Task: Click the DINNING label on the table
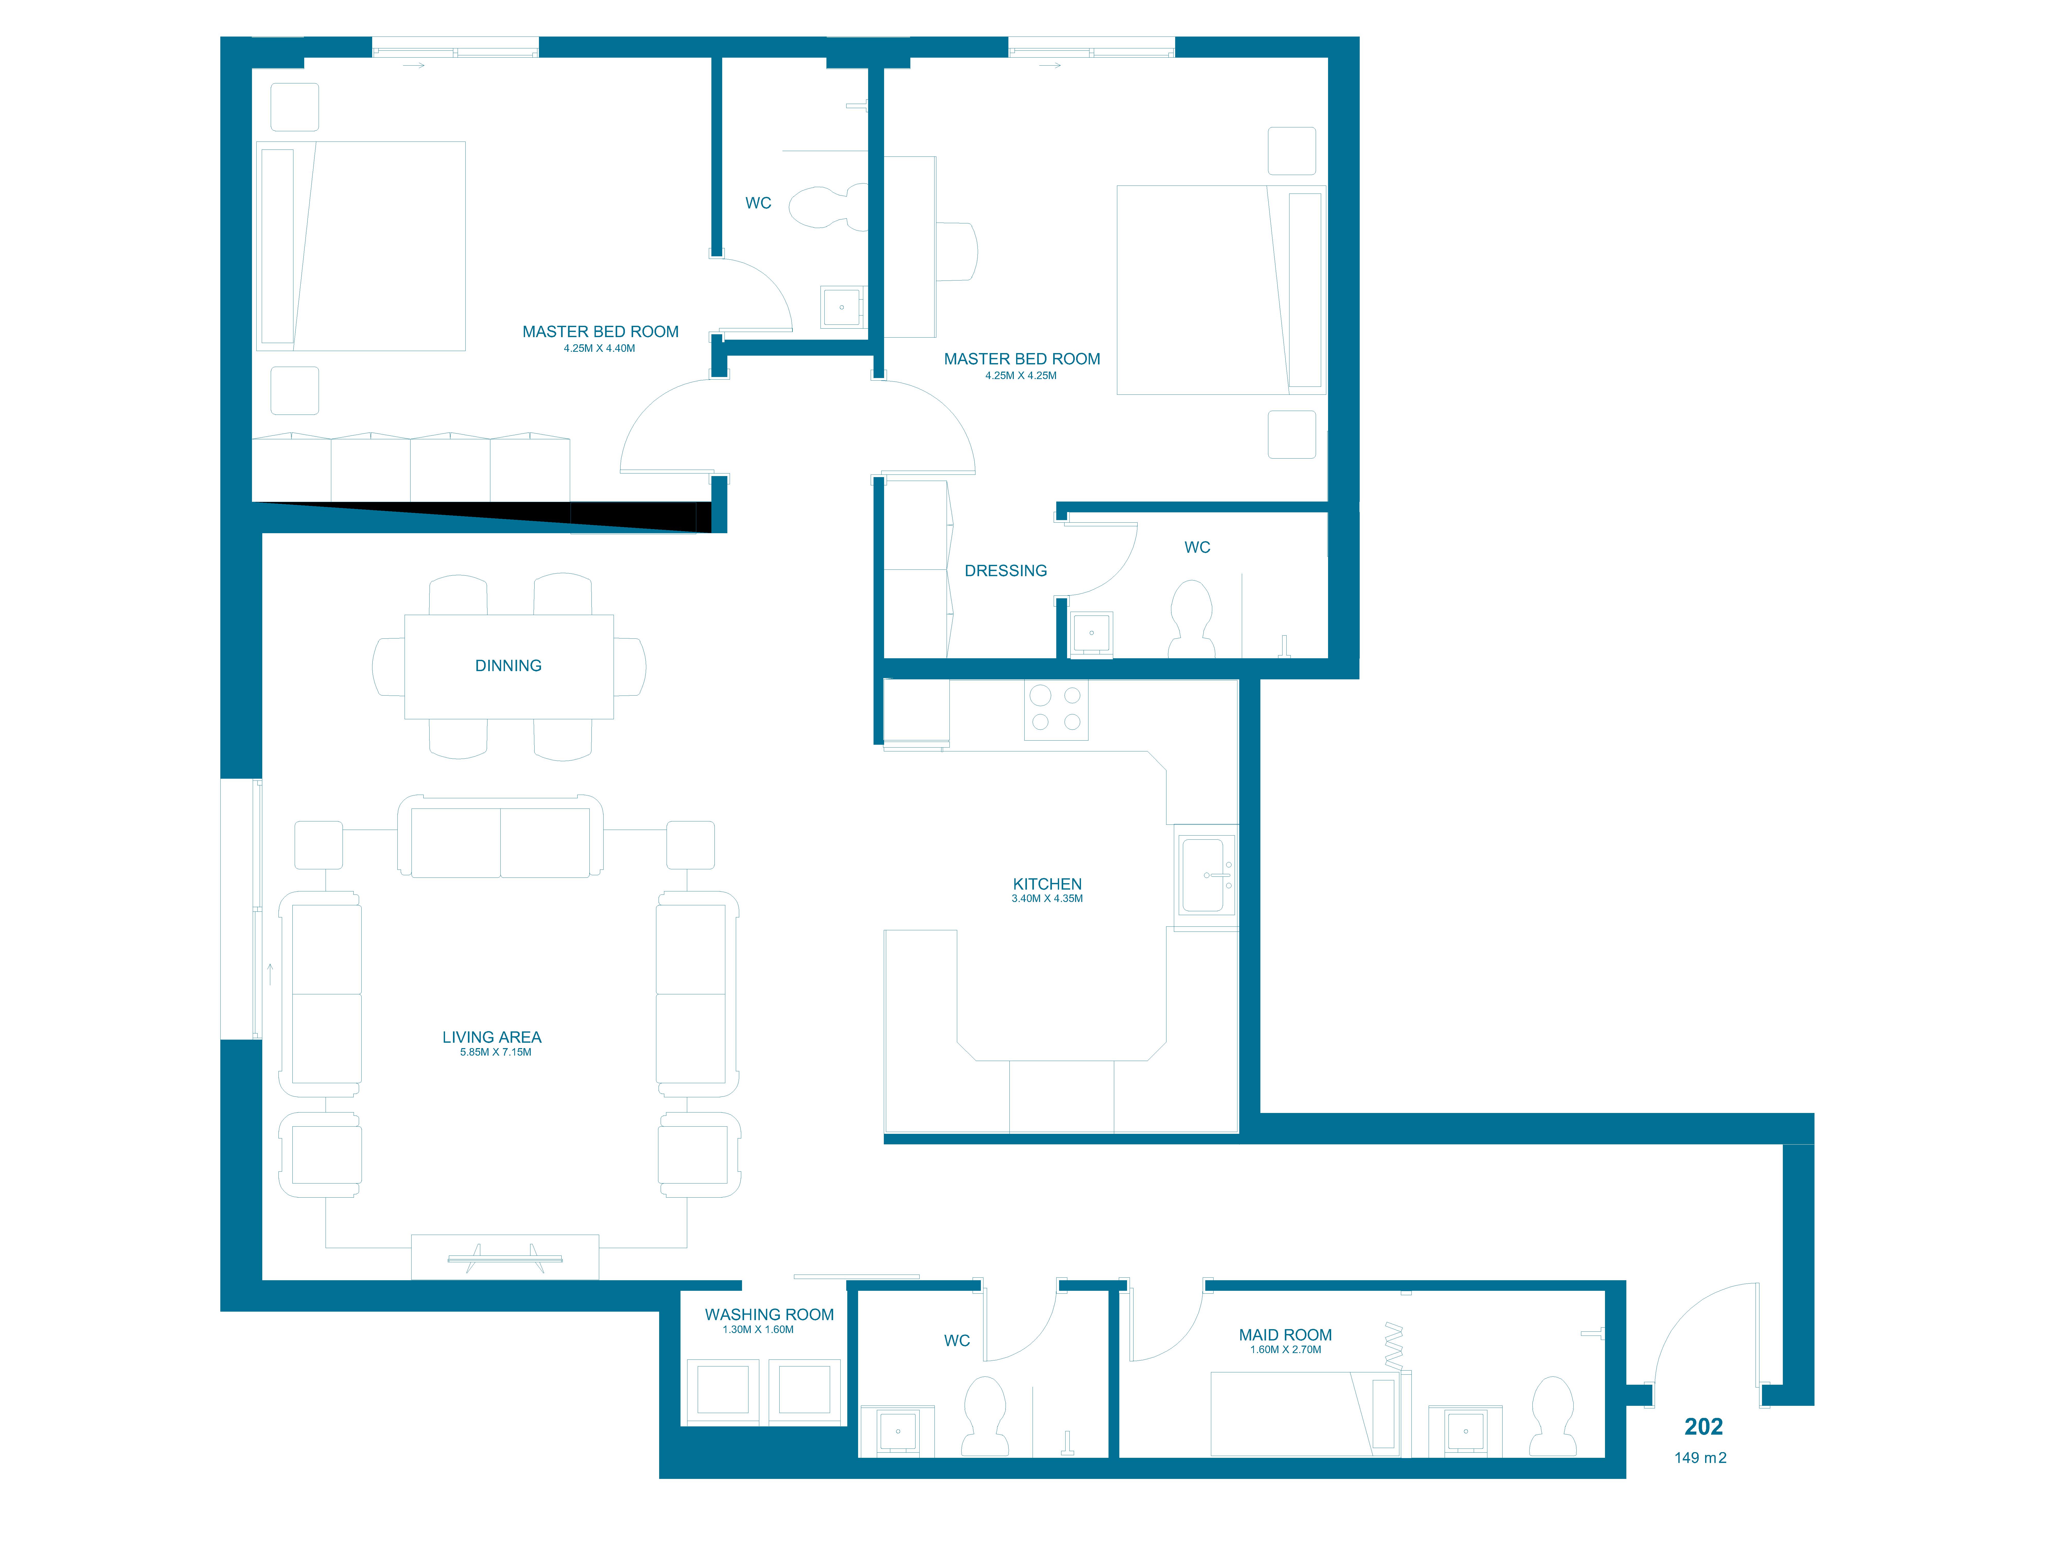(x=508, y=665)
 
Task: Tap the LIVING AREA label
(x=492, y=1037)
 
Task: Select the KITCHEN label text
(x=1047, y=884)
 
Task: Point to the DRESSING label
(x=1005, y=571)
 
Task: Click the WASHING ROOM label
(x=769, y=1314)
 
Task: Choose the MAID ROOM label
(x=1286, y=1335)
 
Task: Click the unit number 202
(x=1703, y=1427)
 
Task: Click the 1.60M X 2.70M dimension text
(x=1286, y=1349)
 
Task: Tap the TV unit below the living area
(x=505, y=1257)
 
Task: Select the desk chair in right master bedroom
(x=957, y=251)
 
